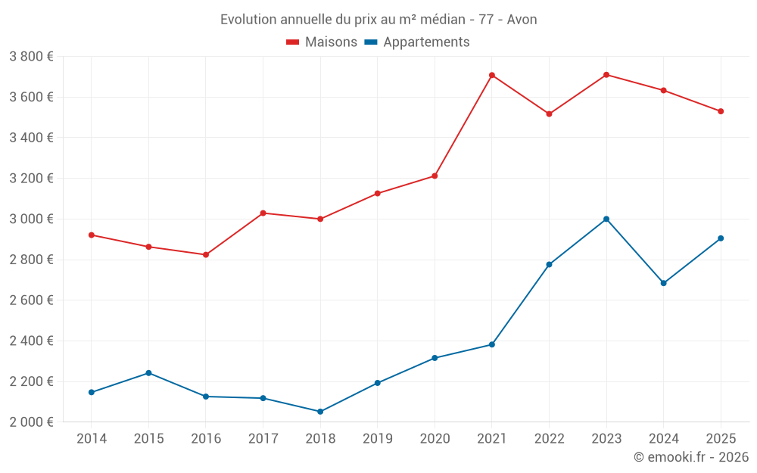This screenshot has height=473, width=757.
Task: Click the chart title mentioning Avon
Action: click(378, 20)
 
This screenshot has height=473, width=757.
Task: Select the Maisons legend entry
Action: click(322, 42)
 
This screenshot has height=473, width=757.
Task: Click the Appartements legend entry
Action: click(417, 42)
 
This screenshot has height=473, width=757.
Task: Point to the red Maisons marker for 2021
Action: click(492, 75)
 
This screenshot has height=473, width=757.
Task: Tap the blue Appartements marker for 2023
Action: click(606, 219)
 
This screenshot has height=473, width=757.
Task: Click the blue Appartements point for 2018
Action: click(320, 412)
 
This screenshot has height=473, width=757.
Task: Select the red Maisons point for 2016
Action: click(206, 254)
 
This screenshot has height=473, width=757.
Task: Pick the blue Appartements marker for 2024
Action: click(664, 283)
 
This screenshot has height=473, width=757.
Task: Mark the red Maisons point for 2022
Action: click(549, 114)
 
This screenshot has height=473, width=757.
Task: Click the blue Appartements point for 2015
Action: click(148, 373)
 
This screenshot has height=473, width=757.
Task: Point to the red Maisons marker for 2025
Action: click(721, 111)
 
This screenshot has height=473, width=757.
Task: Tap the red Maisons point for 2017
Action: click(263, 213)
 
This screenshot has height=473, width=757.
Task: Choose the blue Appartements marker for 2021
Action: click(492, 344)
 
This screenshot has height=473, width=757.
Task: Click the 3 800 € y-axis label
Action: click(31, 57)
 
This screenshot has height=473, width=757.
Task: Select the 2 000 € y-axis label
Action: click(31, 422)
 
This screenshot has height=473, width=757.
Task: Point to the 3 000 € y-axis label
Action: click(31, 219)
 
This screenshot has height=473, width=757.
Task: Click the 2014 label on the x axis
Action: click(92, 439)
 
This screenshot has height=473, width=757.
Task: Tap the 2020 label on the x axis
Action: click(435, 439)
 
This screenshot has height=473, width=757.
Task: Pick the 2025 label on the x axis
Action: click(721, 439)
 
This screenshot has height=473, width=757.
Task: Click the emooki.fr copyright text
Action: click(691, 457)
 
